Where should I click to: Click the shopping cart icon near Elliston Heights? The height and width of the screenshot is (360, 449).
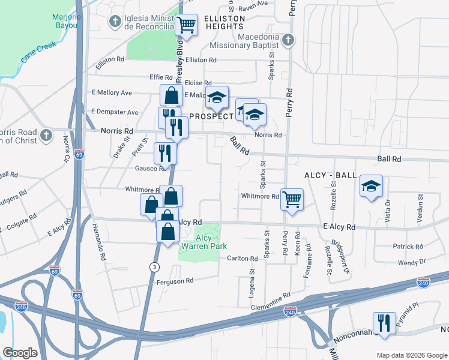click(x=187, y=25)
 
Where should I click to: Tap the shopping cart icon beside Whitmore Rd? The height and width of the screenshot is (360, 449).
click(x=292, y=199)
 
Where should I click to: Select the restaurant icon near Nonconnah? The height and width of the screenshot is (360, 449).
click(x=384, y=322)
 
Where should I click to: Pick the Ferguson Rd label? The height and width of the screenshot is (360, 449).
click(x=175, y=281)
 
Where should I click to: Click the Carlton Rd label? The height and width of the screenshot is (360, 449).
click(x=243, y=259)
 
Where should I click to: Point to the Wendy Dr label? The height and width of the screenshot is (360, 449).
click(x=410, y=262)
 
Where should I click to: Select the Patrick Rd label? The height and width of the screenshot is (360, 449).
click(x=408, y=247)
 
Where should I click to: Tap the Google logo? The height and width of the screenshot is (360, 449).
click(x=20, y=353)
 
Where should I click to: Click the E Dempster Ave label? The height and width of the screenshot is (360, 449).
click(x=115, y=112)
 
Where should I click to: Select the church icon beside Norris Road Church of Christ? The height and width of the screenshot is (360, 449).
click(x=47, y=136)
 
